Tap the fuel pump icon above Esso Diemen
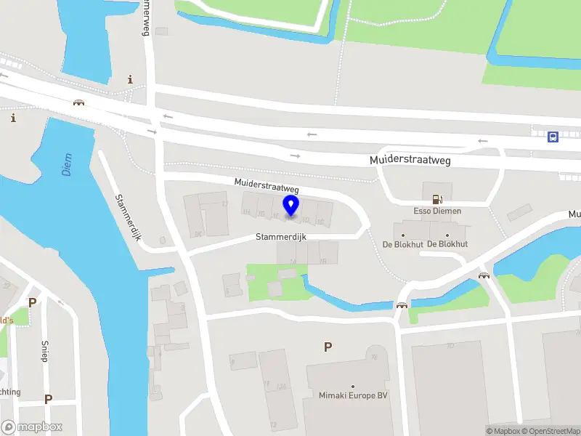coord(436,198)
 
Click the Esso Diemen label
coord(436,211)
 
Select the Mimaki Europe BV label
coord(353,395)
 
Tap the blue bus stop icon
coord(553,136)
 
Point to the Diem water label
coord(67,169)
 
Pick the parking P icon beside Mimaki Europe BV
coord(328,347)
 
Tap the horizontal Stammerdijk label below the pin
coord(281,237)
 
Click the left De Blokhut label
coord(403,244)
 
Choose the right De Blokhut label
coord(447,244)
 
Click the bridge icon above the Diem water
coord(78,102)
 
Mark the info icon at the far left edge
coord(12,118)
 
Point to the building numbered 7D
coord(450,345)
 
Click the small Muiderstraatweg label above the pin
coord(266,185)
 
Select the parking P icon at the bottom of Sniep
coord(48,399)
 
